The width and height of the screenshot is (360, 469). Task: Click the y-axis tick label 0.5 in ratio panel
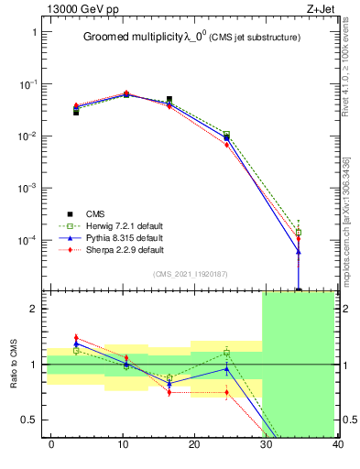(x=32, y=420)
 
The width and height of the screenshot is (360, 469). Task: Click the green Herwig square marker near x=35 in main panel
(x=299, y=233)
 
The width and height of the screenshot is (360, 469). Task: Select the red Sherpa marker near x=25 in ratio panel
(x=226, y=393)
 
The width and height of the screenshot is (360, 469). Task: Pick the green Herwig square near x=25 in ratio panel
(x=226, y=353)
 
